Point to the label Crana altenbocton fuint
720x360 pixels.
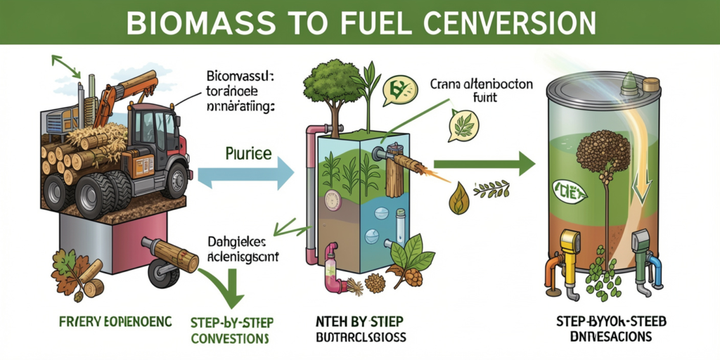(x=481, y=91)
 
